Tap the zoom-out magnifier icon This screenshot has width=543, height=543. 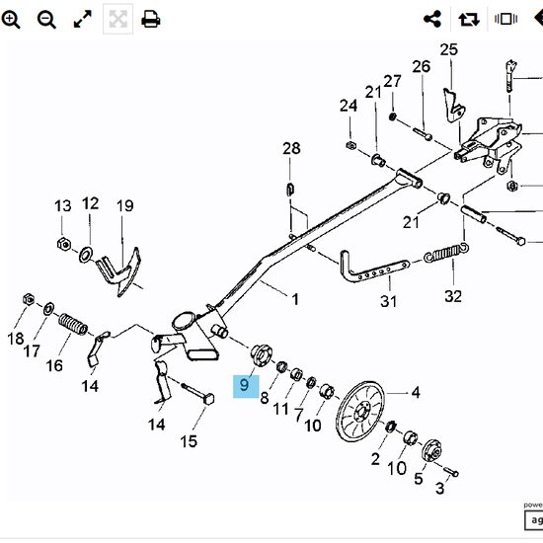tap(46, 19)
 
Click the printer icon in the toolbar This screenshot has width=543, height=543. tap(151, 19)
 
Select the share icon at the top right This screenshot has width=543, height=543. tap(431, 19)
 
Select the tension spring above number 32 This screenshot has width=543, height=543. tap(445, 255)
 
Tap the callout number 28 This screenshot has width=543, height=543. tap(291, 149)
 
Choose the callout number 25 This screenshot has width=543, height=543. tap(449, 49)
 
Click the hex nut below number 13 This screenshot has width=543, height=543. tap(62, 244)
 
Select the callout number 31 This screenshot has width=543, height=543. tap(388, 301)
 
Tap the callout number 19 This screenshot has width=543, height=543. tap(124, 206)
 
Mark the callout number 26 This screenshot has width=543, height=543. tap(422, 66)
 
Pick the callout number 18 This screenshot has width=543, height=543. tap(17, 338)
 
